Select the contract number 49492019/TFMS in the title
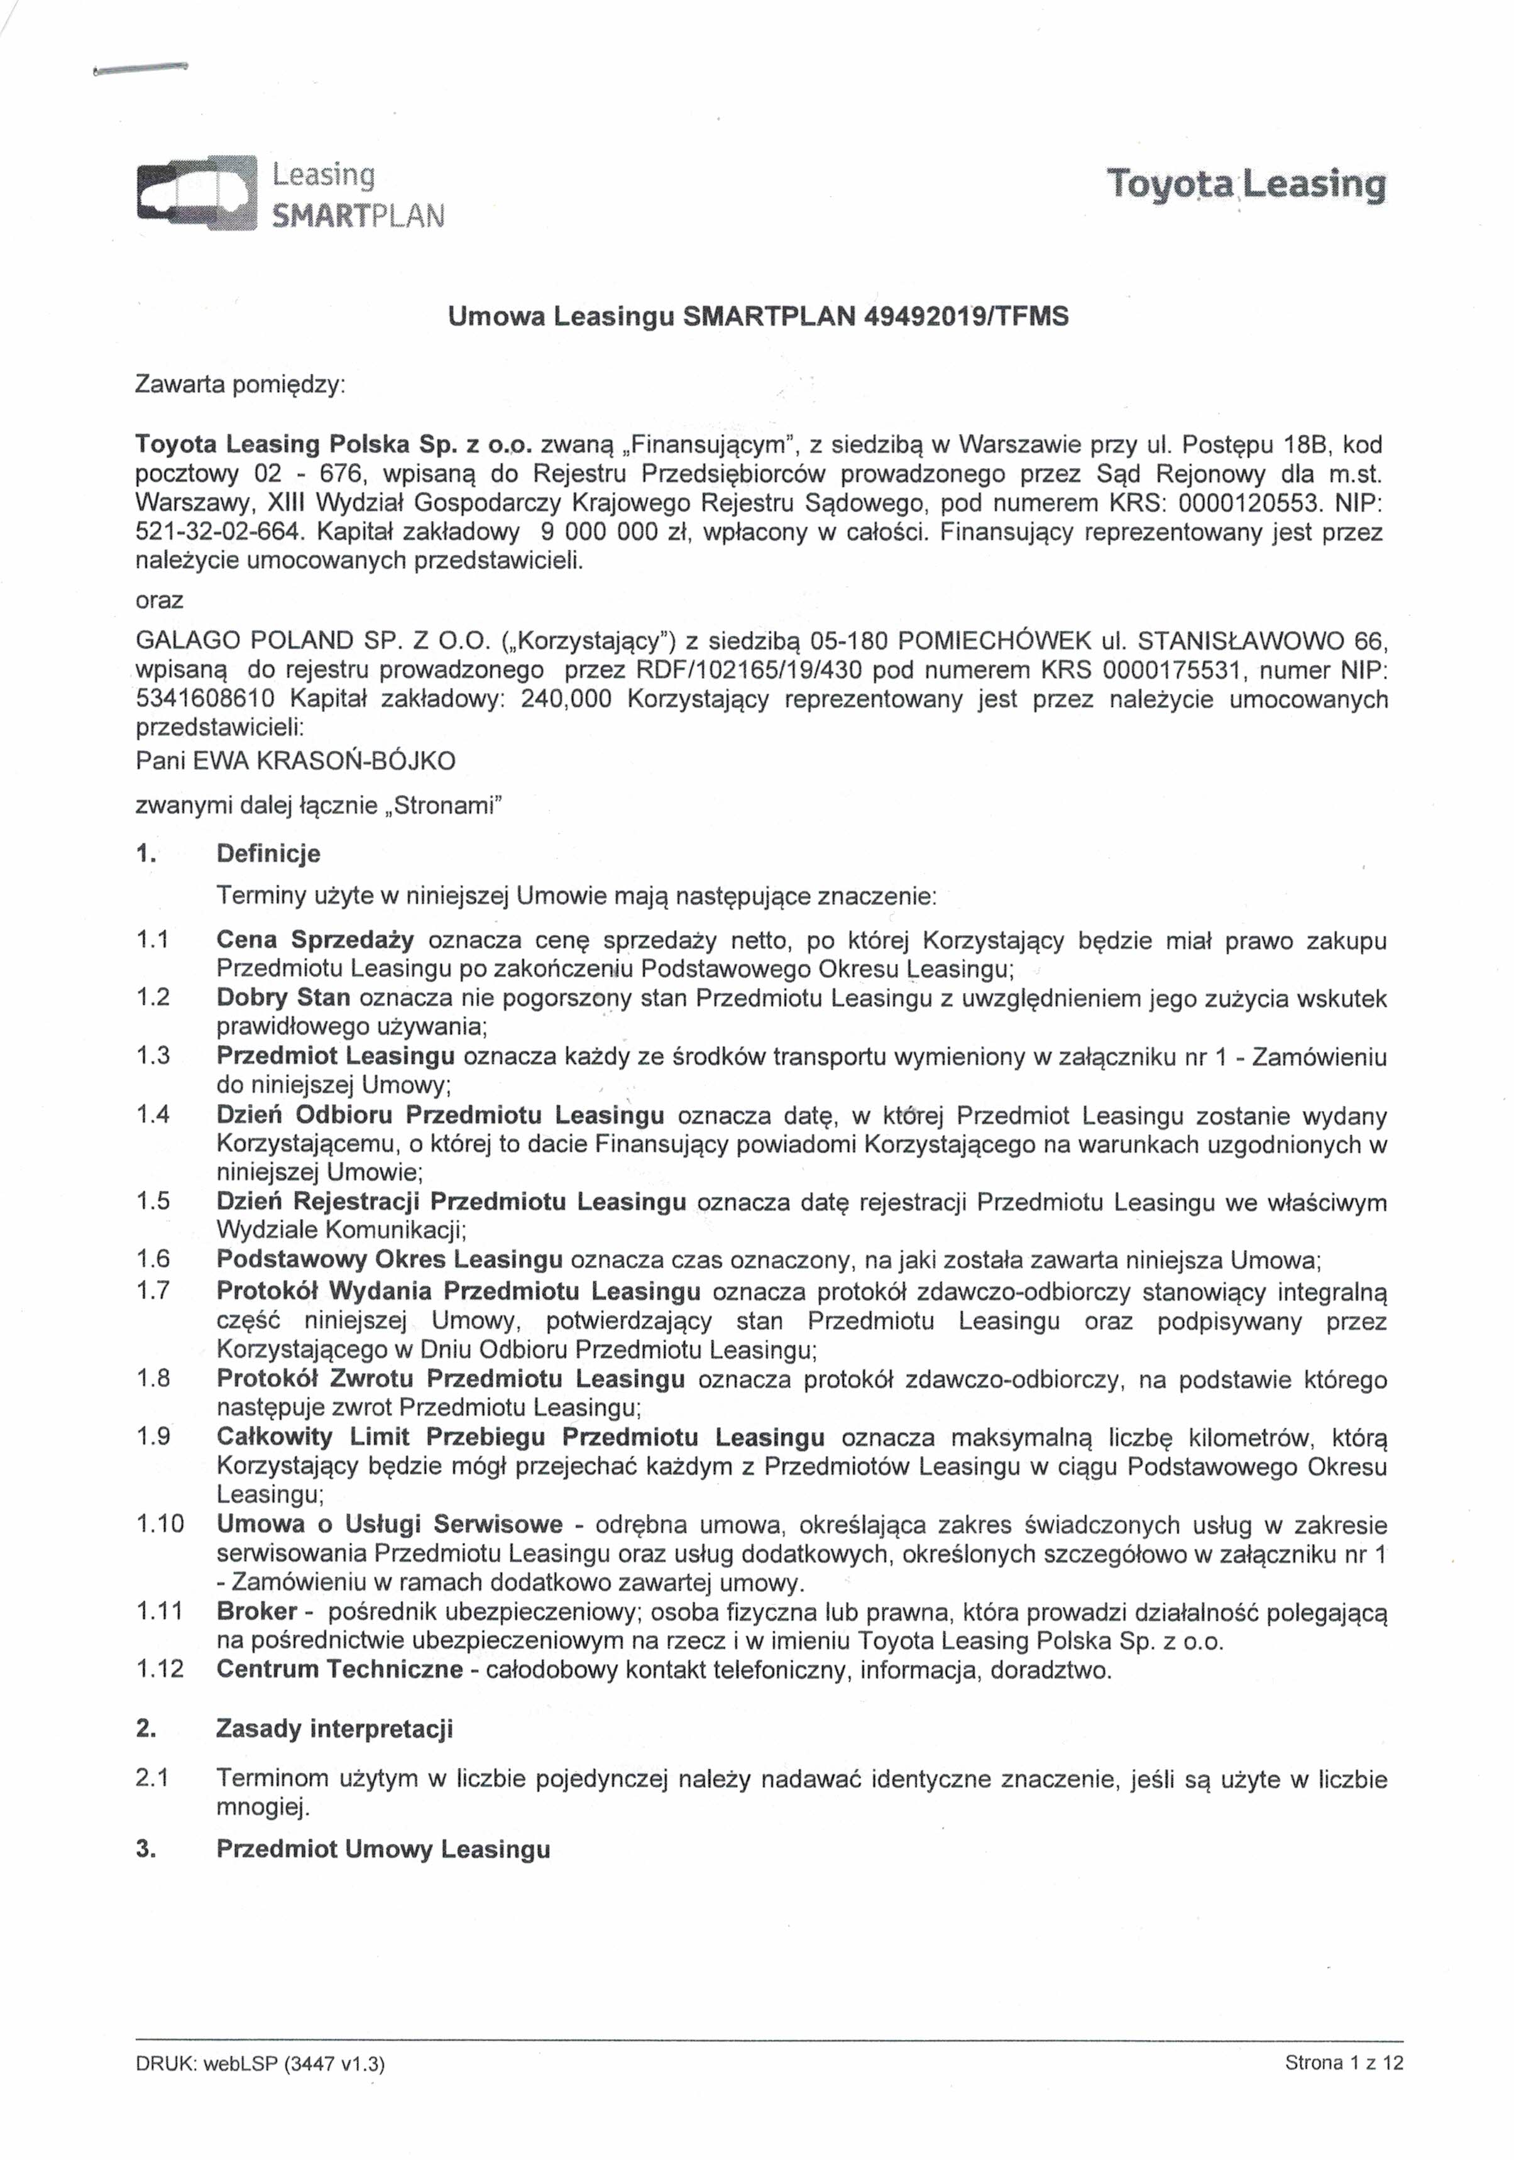click(x=965, y=317)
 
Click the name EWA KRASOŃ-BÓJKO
click(x=324, y=760)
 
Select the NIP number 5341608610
click(x=206, y=700)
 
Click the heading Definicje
click(x=268, y=853)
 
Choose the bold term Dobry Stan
click(x=283, y=997)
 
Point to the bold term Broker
click(x=257, y=1611)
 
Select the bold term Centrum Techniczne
click(x=339, y=1669)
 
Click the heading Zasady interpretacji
click(x=334, y=1728)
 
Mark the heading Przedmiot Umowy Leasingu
click(x=383, y=1849)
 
